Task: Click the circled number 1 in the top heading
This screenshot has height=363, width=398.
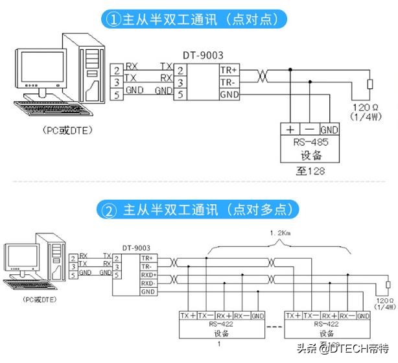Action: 112,19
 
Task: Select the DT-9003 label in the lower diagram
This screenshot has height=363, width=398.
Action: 136,248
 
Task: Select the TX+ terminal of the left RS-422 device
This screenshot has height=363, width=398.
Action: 189,316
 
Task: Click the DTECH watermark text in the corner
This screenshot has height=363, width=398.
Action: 353,349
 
